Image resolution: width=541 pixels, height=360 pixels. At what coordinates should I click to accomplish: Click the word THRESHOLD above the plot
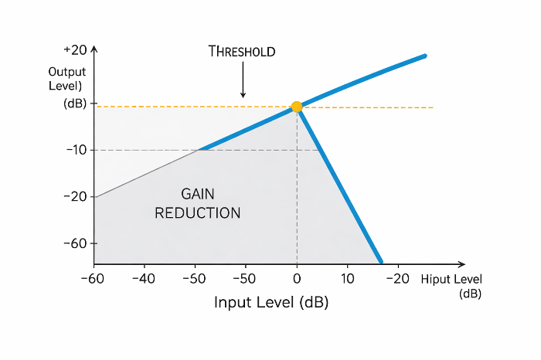[x=242, y=52]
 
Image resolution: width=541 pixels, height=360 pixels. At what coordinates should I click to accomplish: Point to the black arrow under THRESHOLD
[x=243, y=80]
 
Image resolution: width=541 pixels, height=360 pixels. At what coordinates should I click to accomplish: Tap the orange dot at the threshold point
[x=297, y=107]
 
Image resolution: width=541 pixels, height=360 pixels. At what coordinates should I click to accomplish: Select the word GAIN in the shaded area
[x=198, y=194]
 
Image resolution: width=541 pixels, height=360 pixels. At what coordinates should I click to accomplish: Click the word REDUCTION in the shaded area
[x=198, y=213]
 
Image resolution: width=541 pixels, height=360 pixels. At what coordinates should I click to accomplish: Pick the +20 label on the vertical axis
[x=75, y=50]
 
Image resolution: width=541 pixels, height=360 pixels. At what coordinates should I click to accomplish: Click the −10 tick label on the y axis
[x=77, y=150]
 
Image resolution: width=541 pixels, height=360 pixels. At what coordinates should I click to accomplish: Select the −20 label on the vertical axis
[x=75, y=196]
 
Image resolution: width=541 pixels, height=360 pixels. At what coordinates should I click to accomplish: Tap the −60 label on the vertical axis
[x=75, y=243]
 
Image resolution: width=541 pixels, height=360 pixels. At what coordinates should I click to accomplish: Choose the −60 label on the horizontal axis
[x=93, y=279]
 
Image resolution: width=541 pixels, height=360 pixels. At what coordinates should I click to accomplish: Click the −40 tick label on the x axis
[x=144, y=279]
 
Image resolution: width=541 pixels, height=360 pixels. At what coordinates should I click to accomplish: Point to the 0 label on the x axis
[x=297, y=279]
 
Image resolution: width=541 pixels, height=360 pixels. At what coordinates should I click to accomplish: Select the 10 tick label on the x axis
[x=348, y=279]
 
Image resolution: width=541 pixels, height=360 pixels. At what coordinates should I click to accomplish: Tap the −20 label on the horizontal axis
[x=398, y=279]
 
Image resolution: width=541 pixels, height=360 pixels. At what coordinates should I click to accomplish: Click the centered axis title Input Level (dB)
[x=271, y=302]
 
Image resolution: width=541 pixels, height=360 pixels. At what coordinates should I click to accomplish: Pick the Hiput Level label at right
[x=451, y=279]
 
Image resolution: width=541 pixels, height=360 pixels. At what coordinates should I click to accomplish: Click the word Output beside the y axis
[x=67, y=72]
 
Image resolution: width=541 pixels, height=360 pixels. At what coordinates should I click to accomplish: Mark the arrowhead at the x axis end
[x=462, y=264]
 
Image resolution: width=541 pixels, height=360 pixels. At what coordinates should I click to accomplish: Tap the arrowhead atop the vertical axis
[x=94, y=49]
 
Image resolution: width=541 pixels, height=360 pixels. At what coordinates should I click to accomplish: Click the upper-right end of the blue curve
[x=425, y=56]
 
